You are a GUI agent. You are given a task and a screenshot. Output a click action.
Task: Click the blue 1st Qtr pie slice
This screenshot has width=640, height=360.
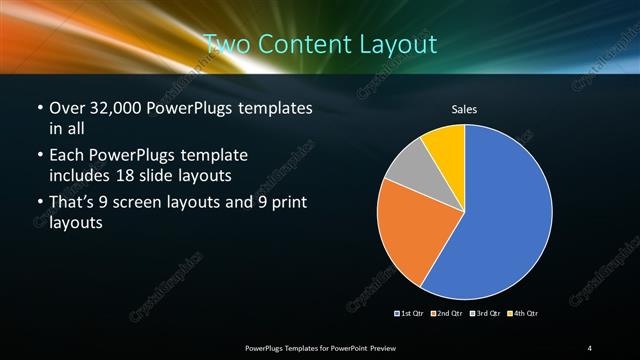coord(505,215)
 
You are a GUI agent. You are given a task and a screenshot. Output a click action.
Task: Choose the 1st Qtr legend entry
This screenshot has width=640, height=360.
coord(413,314)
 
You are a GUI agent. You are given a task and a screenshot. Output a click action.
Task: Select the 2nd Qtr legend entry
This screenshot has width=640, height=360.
coord(447,314)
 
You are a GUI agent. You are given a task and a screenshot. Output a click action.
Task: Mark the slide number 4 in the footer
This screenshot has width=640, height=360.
coord(590,347)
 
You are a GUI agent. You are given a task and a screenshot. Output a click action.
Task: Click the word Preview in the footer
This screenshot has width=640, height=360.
coord(393,347)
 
